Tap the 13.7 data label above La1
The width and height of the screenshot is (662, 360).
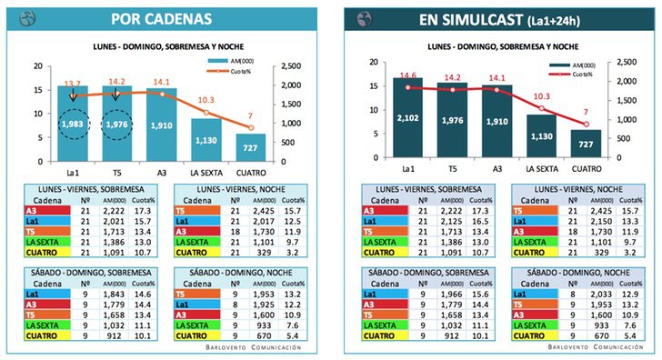[72, 84]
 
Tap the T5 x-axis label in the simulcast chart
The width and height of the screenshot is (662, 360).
[453, 168]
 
